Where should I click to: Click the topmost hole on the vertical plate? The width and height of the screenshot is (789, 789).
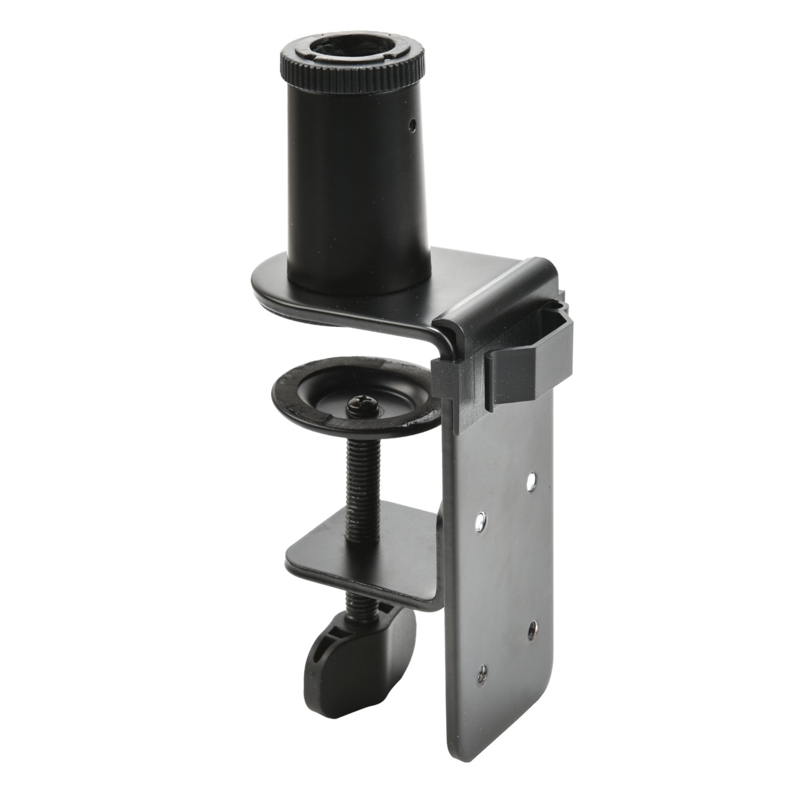(x=532, y=479)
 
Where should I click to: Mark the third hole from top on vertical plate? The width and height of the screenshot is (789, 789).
(x=532, y=626)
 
